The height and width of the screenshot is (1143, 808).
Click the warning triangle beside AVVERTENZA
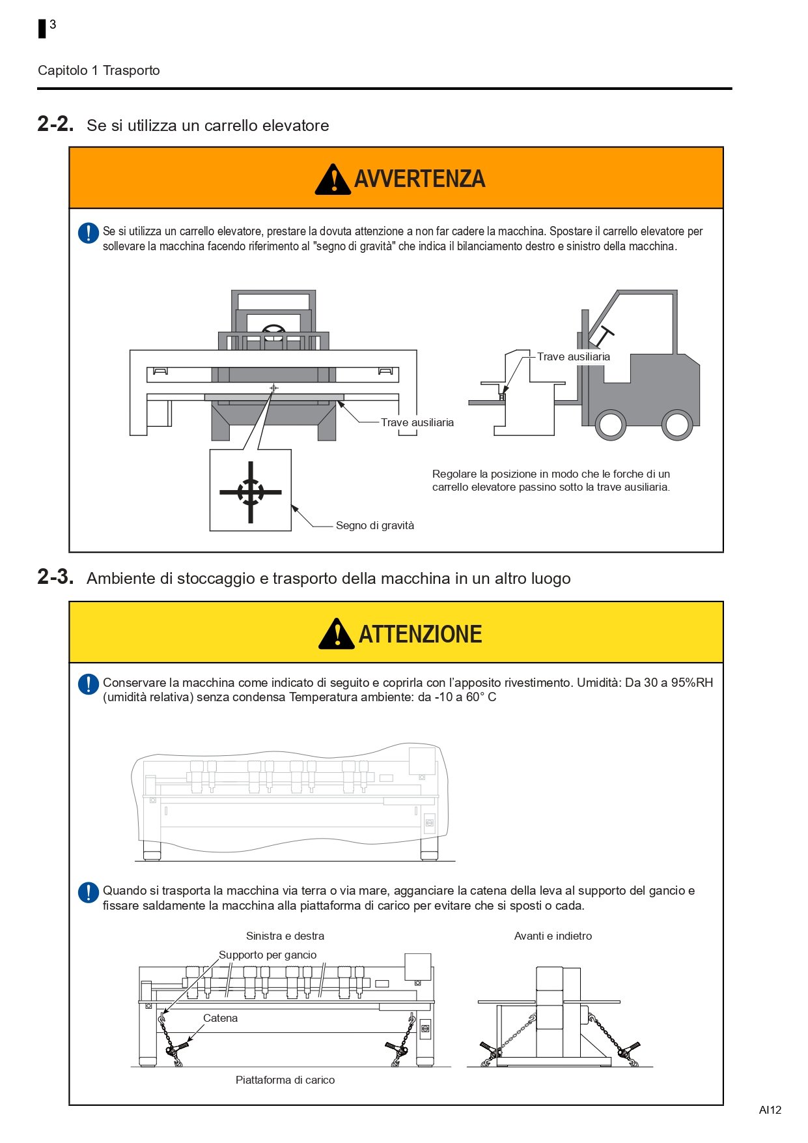(x=333, y=179)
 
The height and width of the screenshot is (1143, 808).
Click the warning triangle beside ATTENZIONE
(x=337, y=634)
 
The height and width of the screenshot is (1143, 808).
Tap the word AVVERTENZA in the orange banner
(x=420, y=179)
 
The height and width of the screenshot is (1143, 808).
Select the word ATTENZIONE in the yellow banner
(x=421, y=634)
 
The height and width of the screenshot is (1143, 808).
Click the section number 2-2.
(x=55, y=124)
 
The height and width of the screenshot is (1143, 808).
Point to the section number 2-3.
(x=55, y=577)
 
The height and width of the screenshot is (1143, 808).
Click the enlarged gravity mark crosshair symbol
(x=251, y=492)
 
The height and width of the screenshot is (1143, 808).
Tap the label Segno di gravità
(x=375, y=526)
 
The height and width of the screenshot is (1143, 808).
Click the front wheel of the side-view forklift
(x=611, y=424)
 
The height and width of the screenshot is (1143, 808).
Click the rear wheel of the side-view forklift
(x=677, y=424)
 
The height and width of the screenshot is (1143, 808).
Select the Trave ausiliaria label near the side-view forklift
(x=574, y=356)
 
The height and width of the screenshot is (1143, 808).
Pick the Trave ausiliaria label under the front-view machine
(x=417, y=422)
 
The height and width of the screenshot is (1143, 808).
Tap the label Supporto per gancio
(x=268, y=955)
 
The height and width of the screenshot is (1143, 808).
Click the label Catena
(x=220, y=1018)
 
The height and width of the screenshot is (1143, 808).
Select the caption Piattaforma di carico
(x=285, y=1080)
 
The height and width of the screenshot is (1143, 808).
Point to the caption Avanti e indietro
(x=553, y=936)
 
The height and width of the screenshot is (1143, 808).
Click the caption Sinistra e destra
(x=285, y=936)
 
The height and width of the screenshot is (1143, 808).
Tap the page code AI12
(x=770, y=1110)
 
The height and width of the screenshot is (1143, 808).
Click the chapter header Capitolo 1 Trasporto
(x=99, y=70)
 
